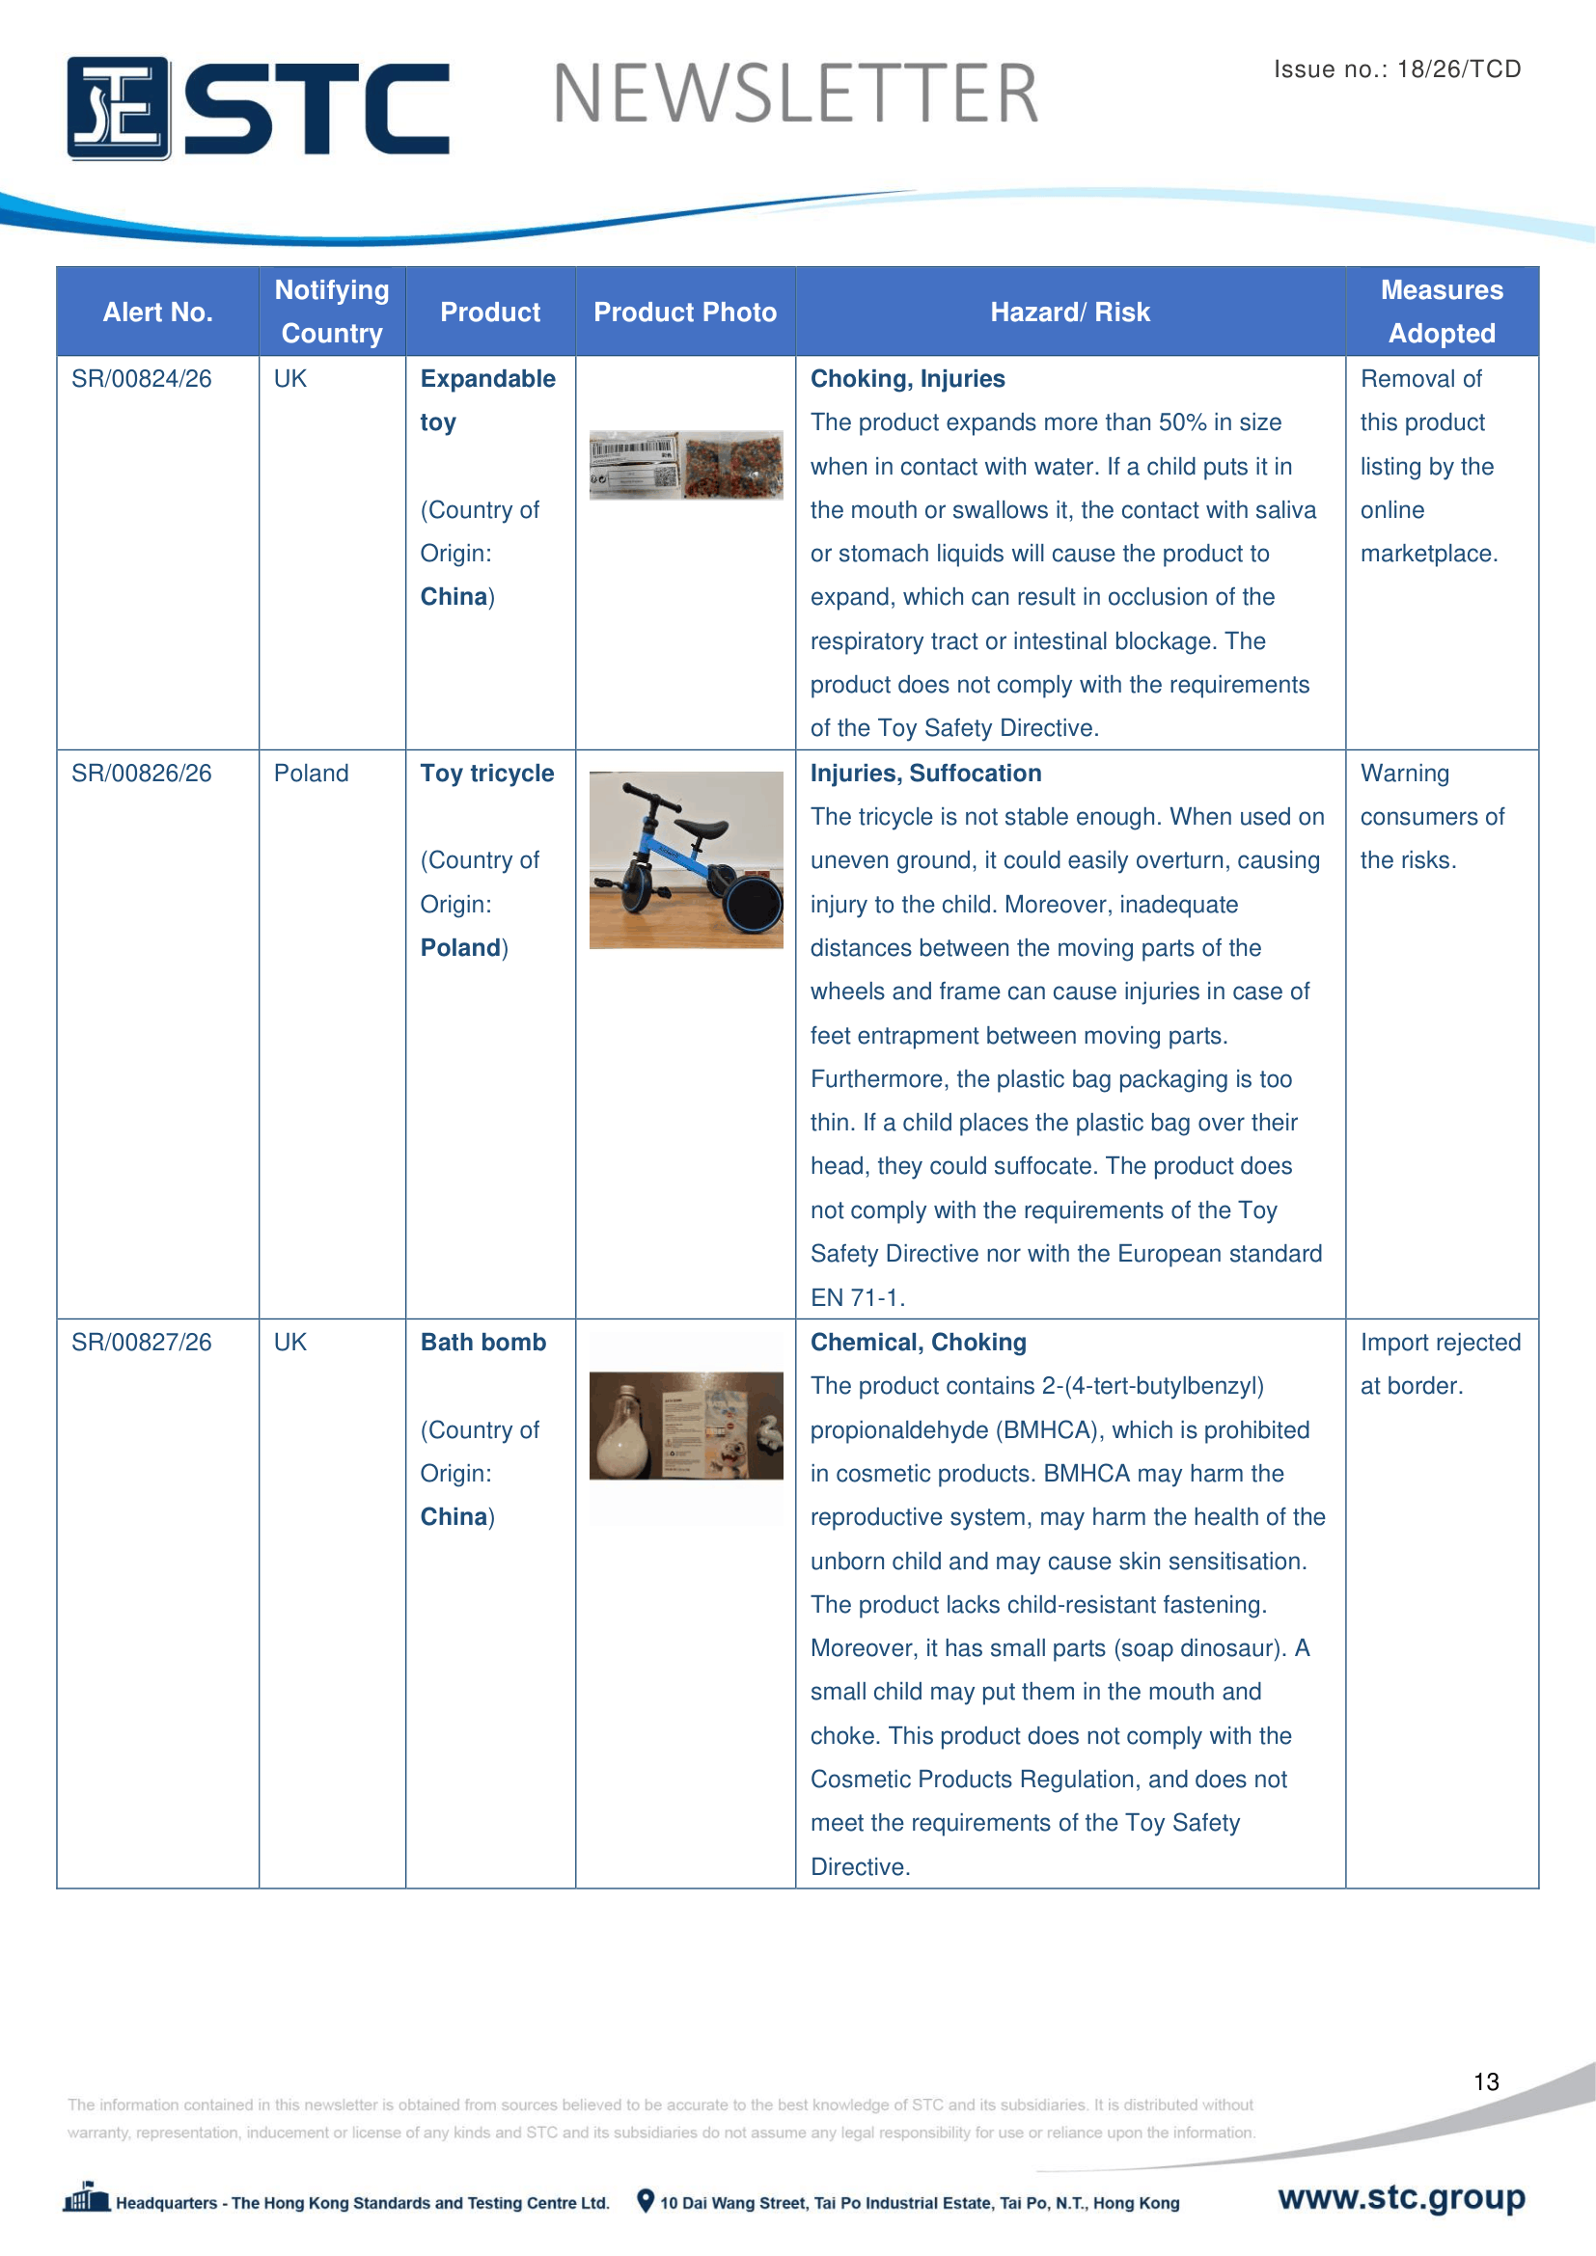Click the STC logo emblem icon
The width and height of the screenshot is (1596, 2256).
coord(118,108)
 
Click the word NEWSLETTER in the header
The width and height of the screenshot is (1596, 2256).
coord(795,95)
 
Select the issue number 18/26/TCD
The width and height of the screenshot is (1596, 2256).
coord(1458,68)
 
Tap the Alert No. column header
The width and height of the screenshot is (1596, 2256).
coord(157,313)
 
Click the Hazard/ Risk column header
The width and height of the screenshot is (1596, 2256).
coord(1069,313)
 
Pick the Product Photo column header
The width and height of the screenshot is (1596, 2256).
coord(685,313)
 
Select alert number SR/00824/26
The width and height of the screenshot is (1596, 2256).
coord(142,379)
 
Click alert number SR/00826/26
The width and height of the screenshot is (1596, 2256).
coord(142,774)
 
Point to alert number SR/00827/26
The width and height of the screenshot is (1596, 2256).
coord(142,1343)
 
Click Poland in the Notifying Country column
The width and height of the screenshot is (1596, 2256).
coord(311,774)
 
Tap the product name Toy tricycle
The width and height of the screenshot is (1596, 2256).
coord(486,774)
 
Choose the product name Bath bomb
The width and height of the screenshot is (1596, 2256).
coord(482,1343)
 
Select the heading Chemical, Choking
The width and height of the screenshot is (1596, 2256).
coord(918,1343)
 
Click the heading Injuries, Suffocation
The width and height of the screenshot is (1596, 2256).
coord(925,774)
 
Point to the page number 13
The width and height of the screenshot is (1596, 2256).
coord(1486,2082)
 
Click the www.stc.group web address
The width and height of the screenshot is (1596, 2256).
coord(1401,2197)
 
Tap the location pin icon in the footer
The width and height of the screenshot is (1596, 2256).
coord(646,2201)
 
